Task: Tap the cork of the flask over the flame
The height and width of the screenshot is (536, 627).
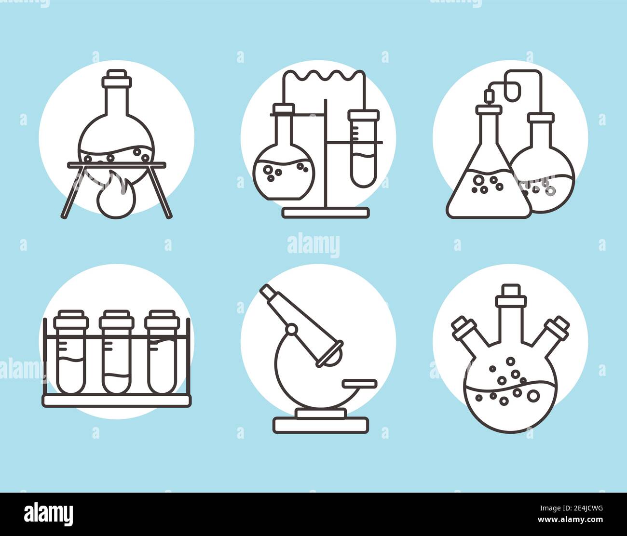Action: [x=117, y=79]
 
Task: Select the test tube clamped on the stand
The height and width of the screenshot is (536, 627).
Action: [x=364, y=149]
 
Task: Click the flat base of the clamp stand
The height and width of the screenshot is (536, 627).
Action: [x=326, y=213]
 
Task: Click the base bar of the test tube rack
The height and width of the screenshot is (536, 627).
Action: [x=117, y=400]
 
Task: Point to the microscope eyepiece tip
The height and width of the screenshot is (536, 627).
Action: [x=267, y=291]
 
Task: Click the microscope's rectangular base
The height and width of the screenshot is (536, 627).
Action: [x=321, y=425]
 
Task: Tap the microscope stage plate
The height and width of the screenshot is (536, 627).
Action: [x=359, y=383]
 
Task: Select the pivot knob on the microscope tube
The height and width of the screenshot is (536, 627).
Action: [x=291, y=330]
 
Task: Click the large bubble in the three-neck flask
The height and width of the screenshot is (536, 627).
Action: [x=534, y=396]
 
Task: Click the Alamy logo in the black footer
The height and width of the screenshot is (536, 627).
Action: [x=48, y=514]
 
